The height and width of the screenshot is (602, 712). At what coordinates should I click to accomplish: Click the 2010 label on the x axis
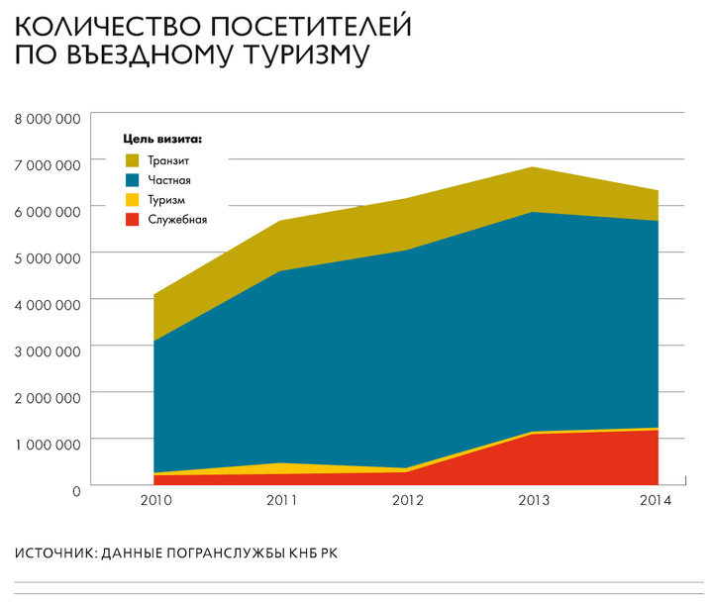tap(155, 501)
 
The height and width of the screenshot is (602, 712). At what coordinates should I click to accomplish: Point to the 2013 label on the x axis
tap(533, 501)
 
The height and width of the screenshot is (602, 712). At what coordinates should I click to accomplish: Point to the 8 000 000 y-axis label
tap(48, 119)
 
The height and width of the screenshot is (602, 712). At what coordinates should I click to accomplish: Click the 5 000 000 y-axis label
tap(48, 257)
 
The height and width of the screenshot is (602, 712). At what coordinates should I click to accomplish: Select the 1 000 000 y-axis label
tap(48, 444)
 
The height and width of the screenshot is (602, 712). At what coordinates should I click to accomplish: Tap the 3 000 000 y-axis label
tap(48, 351)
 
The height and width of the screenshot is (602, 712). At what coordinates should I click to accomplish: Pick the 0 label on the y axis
tap(75, 489)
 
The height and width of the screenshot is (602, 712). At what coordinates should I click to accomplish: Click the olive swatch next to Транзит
tap(132, 160)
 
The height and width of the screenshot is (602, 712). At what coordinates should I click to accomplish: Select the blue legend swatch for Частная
tap(132, 180)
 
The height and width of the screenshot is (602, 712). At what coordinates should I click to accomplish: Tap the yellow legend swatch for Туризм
tap(132, 200)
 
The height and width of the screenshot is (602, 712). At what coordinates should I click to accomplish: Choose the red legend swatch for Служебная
tap(132, 220)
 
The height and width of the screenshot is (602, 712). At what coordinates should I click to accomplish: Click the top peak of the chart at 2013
tap(533, 167)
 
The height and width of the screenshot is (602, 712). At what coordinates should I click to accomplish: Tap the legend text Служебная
tap(177, 220)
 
